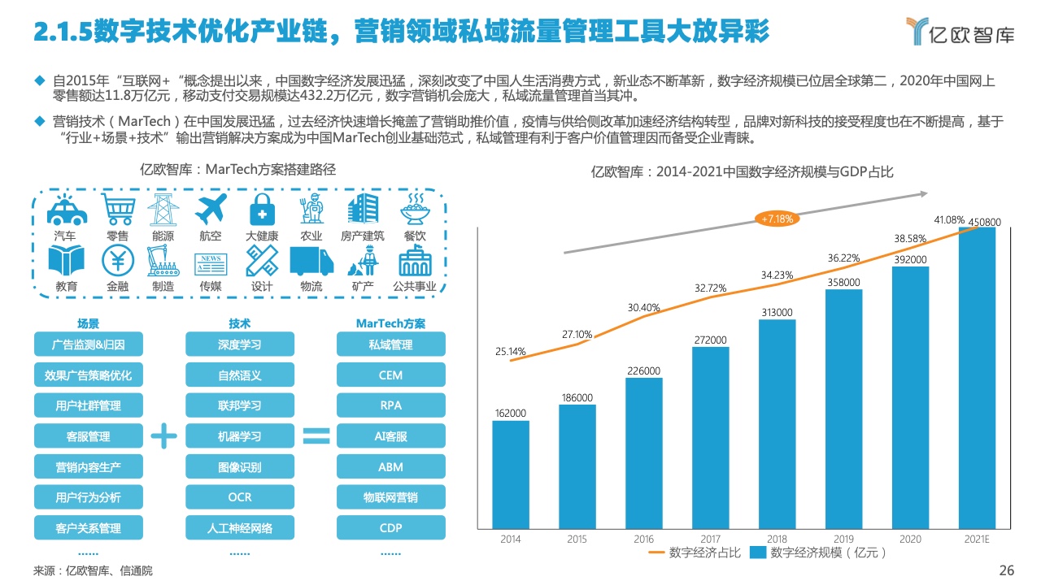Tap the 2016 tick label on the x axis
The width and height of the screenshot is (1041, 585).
643,539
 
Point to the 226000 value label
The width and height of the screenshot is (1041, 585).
643,370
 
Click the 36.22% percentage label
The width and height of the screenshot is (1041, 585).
844,258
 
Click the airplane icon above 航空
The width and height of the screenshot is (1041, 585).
210,210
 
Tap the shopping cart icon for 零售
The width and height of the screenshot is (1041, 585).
117,210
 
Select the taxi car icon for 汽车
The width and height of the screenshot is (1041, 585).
67,210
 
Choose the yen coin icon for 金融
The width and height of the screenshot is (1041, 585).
117,261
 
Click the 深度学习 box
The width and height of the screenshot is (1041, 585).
240,344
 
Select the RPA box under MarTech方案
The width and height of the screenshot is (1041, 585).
390,405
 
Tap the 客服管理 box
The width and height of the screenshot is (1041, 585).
88,436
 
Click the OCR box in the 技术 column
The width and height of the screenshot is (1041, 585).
240,497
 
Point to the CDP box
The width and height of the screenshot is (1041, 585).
390,528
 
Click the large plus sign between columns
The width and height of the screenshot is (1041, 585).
163,436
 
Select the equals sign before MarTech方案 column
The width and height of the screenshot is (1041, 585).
316,436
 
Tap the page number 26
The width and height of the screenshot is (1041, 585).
1007,570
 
